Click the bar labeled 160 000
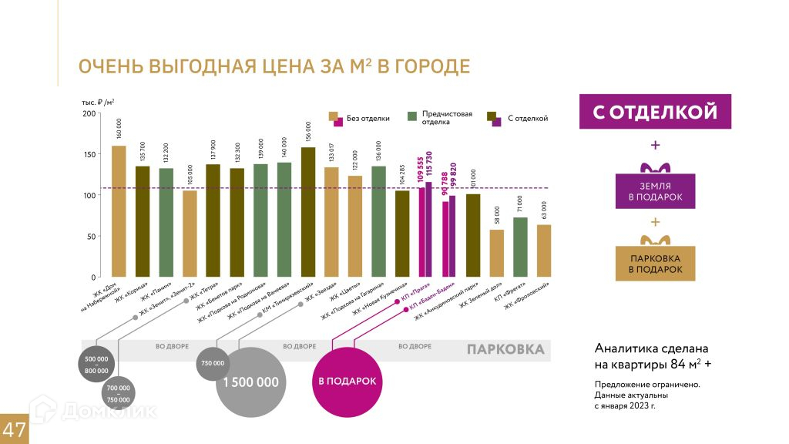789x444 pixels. point(119,211)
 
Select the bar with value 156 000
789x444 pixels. point(308,212)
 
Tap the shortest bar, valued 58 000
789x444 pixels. point(497,253)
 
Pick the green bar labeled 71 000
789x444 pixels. point(521,247)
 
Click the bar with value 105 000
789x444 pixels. point(190,234)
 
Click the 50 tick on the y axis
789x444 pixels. point(92,237)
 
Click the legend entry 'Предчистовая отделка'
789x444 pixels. point(447,118)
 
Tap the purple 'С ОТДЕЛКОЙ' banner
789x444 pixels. point(655,112)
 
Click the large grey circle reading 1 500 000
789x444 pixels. point(251,382)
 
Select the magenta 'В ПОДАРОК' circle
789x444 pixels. point(347,382)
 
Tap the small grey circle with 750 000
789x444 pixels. point(213,363)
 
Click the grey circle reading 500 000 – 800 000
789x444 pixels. point(97,365)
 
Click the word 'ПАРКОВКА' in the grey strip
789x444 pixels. point(505,350)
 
